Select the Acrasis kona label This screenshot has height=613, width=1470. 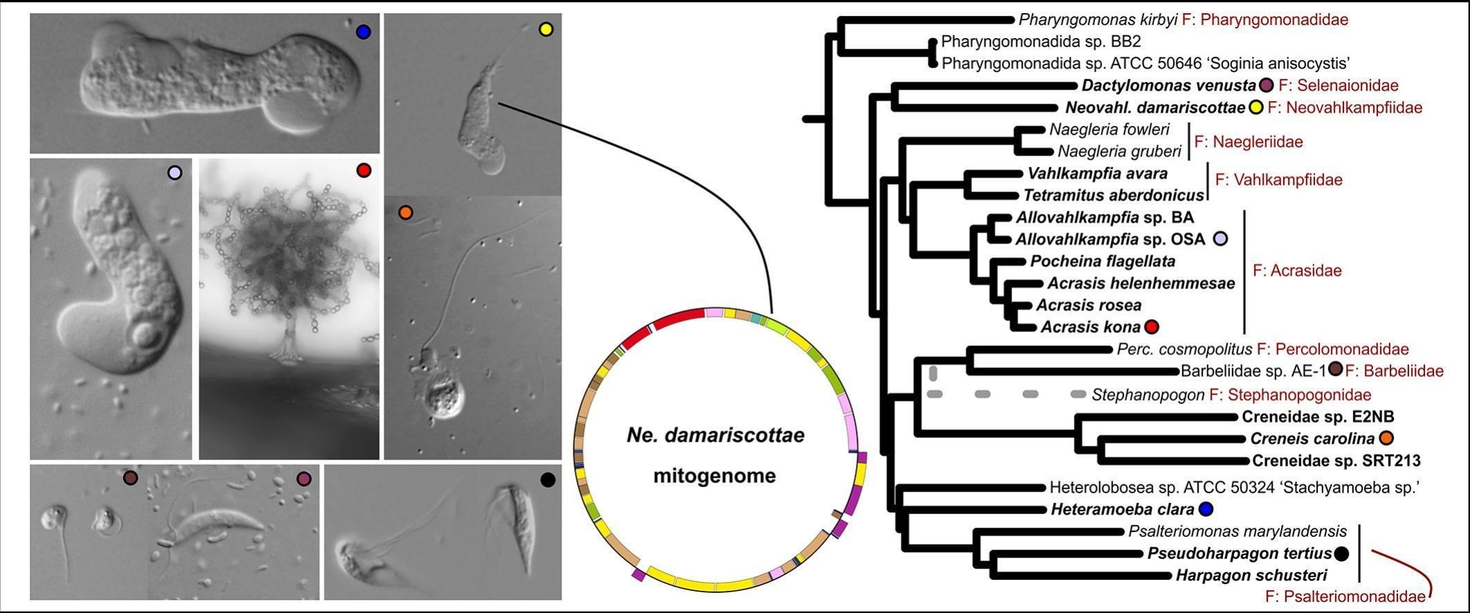[1090, 327]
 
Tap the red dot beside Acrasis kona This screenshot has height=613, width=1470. [1151, 327]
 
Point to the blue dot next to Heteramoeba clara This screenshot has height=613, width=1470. [1206, 510]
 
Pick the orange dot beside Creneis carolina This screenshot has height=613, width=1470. [1386, 438]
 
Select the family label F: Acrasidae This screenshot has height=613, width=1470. [1297, 271]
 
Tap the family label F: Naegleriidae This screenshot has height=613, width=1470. [1249, 142]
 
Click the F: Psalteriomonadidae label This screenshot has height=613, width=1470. [1345, 596]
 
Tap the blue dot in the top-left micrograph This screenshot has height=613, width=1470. [363, 32]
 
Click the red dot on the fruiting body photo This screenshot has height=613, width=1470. [364, 170]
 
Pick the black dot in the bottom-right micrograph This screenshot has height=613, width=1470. [547, 479]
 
